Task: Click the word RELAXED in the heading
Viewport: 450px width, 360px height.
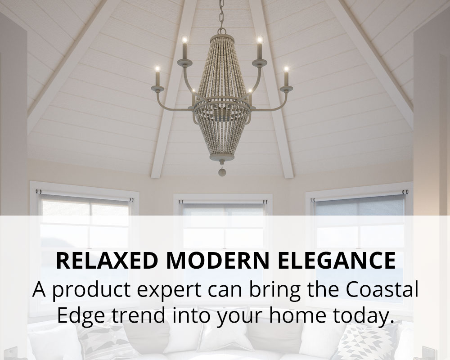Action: click(x=107, y=261)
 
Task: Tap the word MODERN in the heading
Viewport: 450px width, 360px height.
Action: click(x=218, y=261)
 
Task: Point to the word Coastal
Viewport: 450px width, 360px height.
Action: click(x=382, y=289)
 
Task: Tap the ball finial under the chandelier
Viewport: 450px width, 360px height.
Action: click(x=222, y=172)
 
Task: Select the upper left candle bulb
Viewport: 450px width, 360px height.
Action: click(x=184, y=39)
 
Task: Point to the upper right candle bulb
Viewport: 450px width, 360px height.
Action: click(x=260, y=39)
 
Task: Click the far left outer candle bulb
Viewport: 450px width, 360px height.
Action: click(x=157, y=69)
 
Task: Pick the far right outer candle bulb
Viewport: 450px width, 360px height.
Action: click(x=286, y=69)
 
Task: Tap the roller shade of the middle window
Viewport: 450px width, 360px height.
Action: click(x=223, y=209)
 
